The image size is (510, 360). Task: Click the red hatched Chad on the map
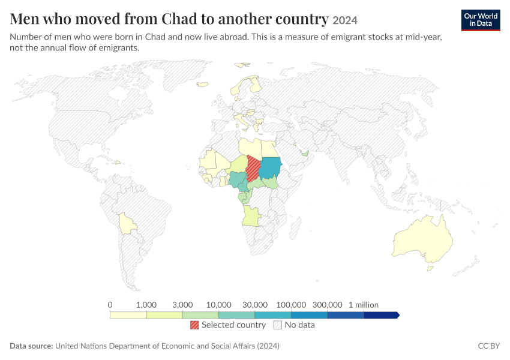(253, 169)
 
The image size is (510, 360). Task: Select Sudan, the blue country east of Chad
(271, 168)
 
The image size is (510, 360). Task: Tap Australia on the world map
(423, 239)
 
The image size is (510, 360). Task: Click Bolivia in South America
(127, 224)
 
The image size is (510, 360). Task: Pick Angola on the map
(251, 215)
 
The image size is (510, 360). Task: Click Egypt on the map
(269, 149)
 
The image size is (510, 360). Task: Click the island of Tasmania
(430, 269)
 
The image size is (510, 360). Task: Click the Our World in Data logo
(481, 20)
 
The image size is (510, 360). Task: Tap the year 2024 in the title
(345, 20)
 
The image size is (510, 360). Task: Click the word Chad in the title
(179, 19)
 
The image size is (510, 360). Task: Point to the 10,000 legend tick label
(218, 305)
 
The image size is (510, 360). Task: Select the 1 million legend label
(364, 305)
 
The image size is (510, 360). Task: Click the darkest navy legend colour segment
(381, 315)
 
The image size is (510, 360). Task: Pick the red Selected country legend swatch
(194, 325)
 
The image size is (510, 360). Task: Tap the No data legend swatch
(277, 325)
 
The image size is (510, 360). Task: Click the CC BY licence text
(488, 346)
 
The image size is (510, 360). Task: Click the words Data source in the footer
(31, 346)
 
